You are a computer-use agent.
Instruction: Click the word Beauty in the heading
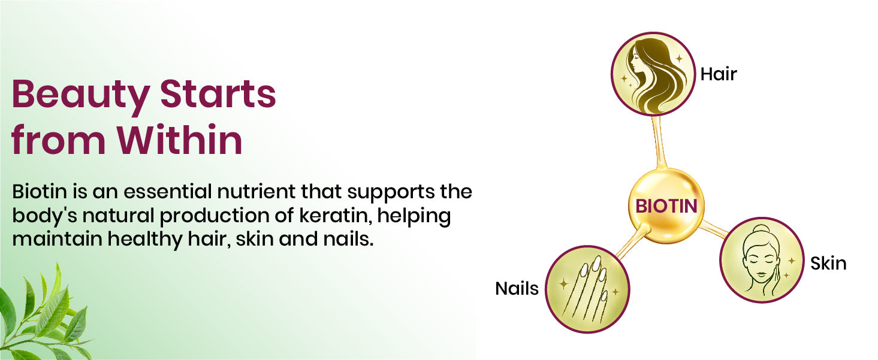pos(80,96)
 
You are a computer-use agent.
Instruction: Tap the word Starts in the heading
pos(218,94)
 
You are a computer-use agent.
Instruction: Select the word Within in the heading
pos(180,139)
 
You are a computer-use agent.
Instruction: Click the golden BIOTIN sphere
pos(666,206)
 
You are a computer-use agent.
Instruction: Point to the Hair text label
pos(719,74)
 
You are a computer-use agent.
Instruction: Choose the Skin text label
pos(828,264)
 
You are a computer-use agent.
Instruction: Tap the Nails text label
pos(517,289)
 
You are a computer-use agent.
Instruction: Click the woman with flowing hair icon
pos(653,74)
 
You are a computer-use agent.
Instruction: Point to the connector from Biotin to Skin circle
pos(713,229)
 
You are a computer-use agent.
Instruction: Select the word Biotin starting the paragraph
pos(40,192)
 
